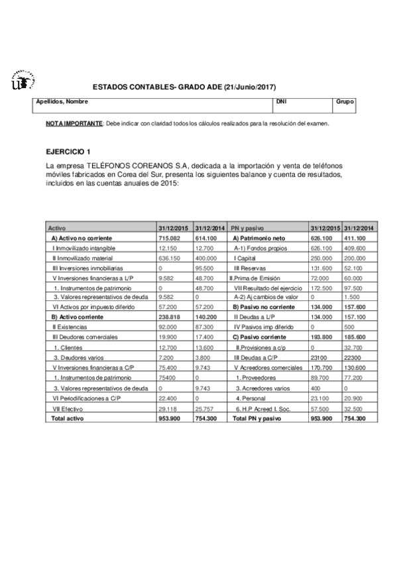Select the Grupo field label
tap(345, 102)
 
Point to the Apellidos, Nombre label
tap(62, 102)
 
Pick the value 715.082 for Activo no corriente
tap(170, 237)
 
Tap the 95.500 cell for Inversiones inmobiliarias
tap(205, 268)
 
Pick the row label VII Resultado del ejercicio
tap(268, 288)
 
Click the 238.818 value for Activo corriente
tap(170, 317)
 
